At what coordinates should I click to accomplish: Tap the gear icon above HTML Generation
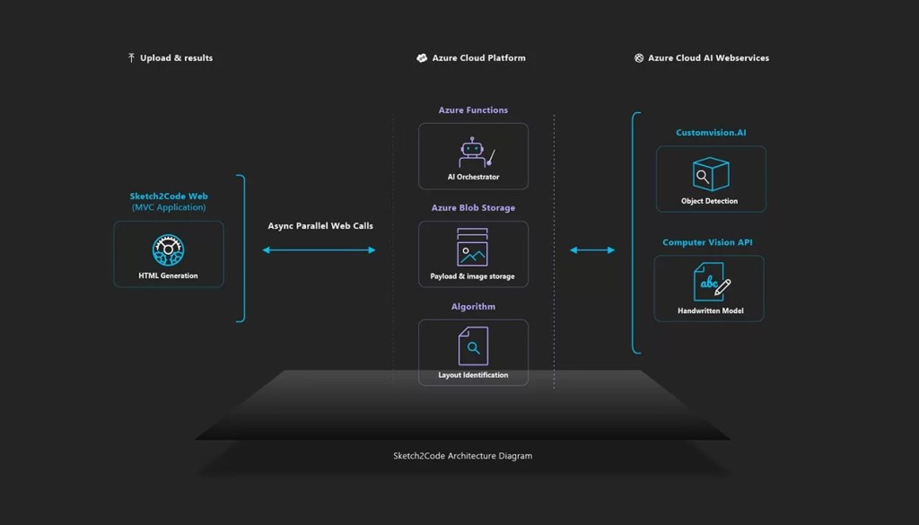click(x=168, y=249)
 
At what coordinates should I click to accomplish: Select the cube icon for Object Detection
click(x=710, y=174)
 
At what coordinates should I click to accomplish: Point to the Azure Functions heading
click(x=473, y=110)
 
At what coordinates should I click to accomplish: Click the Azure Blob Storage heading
click(x=473, y=208)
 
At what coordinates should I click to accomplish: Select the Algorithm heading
click(x=473, y=307)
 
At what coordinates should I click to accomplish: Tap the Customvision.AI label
click(x=711, y=133)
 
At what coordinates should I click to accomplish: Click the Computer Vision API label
click(x=709, y=242)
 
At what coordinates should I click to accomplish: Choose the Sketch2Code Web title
click(x=168, y=196)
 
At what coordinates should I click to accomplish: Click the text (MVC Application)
click(x=168, y=207)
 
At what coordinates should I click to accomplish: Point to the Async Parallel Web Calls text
click(x=320, y=226)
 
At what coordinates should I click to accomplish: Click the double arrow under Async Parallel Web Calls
click(x=319, y=250)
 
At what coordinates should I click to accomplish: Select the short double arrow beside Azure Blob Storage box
click(x=592, y=250)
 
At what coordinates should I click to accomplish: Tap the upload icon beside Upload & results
click(x=131, y=58)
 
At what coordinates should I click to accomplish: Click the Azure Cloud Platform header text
click(x=478, y=58)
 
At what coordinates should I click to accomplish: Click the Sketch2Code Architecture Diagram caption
click(x=462, y=456)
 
